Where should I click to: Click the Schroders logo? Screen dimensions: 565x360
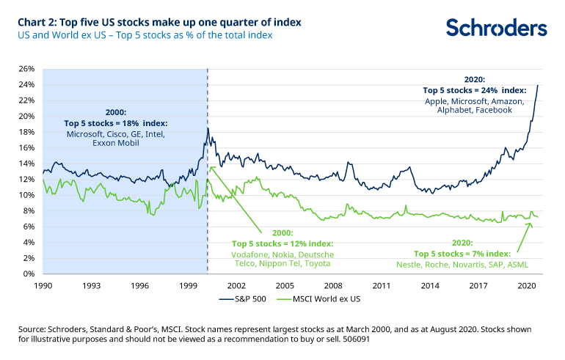(x=497, y=28)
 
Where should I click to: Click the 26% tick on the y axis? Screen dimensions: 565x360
(x=26, y=69)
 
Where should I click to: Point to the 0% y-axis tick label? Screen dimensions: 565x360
(x=29, y=274)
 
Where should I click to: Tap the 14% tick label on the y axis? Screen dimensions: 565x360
(x=26, y=164)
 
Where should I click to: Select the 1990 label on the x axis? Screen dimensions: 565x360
(x=43, y=286)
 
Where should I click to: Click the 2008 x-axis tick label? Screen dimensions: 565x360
(x=333, y=286)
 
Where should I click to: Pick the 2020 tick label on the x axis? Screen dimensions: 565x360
(x=526, y=286)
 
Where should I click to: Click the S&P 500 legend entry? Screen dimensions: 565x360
(x=243, y=299)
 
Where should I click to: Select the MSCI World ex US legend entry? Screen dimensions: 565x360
(x=319, y=299)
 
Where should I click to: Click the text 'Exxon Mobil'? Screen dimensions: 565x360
(x=116, y=143)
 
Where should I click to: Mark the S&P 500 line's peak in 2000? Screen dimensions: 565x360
(x=208, y=128)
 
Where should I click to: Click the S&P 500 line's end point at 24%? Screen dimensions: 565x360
(x=538, y=85)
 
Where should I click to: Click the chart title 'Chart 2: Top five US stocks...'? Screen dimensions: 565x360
(x=159, y=22)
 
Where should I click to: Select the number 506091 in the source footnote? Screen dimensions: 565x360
(x=357, y=339)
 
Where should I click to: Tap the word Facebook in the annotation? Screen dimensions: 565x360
(x=494, y=110)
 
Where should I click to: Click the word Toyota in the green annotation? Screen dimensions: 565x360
(x=317, y=263)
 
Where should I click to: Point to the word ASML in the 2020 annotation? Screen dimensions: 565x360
(x=518, y=265)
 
